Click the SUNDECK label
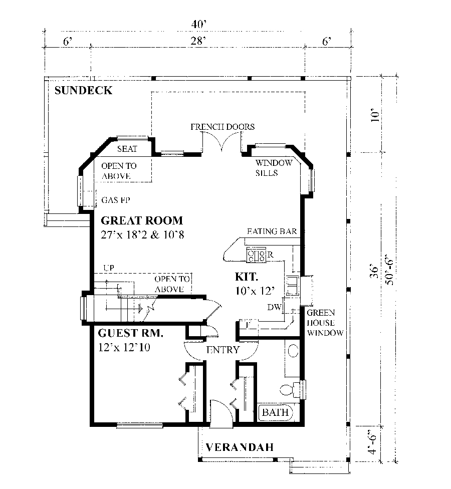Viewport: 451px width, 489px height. coord(83,91)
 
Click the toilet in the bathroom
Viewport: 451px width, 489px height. coord(288,389)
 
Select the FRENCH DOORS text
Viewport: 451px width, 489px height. coord(222,127)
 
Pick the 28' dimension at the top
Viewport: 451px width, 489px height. coord(198,43)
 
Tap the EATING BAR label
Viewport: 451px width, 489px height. coord(273,231)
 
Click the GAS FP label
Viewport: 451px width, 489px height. coord(116,199)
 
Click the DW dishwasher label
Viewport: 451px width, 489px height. coord(273,307)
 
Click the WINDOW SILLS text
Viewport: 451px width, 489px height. coord(274,168)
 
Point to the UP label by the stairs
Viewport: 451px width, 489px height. coord(108,268)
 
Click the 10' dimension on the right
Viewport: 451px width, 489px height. coord(372,116)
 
